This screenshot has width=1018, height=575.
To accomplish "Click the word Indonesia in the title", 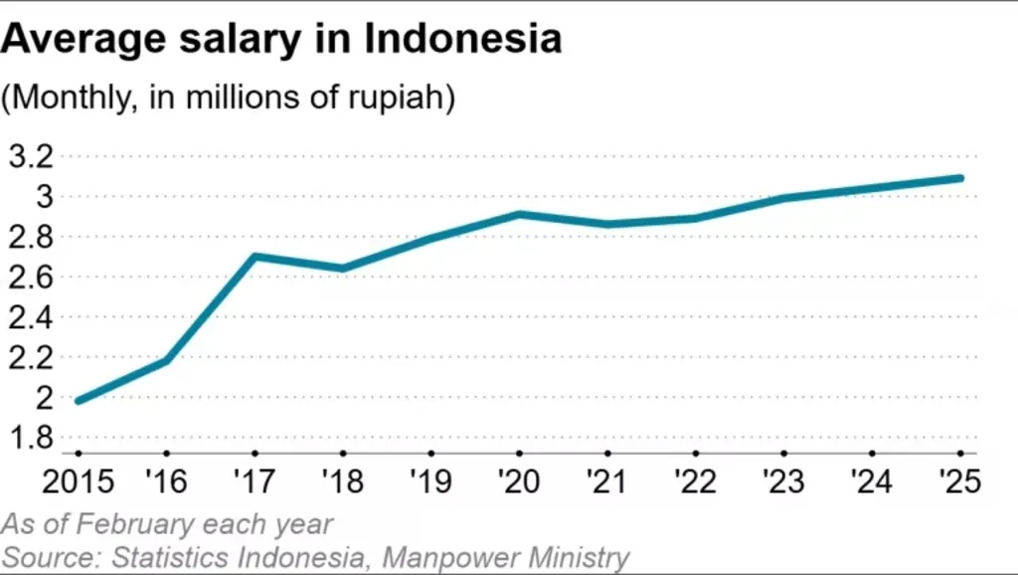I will (462, 39).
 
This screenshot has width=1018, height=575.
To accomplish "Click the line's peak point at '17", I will (254, 256).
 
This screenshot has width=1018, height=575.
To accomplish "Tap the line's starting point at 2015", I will (78, 401).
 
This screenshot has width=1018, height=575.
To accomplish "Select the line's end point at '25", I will (960, 178).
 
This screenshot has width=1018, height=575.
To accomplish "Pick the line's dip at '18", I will (343, 269).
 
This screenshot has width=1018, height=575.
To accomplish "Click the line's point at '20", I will (519, 214).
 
